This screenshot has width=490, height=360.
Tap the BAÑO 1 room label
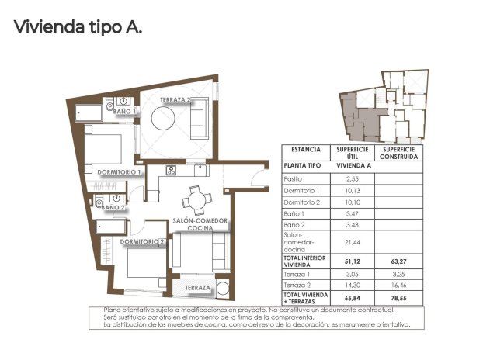(124, 112)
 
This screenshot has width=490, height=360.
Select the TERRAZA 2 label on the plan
(175, 100)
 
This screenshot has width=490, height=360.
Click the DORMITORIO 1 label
(119, 171)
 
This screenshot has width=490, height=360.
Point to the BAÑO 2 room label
(113, 207)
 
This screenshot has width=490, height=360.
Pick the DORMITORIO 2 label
(143, 242)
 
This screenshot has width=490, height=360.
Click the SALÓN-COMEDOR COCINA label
(200, 225)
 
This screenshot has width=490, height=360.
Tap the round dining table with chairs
(195, 201)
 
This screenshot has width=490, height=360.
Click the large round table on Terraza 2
(167, 120)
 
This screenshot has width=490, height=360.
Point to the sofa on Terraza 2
(199, 120)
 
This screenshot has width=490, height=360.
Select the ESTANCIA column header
(305, 149)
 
